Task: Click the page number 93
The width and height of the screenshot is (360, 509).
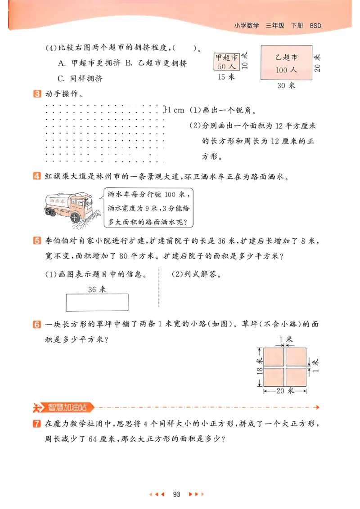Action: pyautogui.click(x=176, y=494)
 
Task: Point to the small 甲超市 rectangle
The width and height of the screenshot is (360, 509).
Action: pyautogui.click(x=227, y=62)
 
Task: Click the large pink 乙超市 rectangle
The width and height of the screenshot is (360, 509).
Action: pyautogui.click(x=287, y=63)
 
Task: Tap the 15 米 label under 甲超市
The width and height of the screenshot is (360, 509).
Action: pyautogui.click(x=227, y=77)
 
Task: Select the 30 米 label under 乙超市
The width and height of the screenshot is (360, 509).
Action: pyautogui.click(x=286, y=85)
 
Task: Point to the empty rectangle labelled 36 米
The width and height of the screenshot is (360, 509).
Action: pyautogui.click(x=97, y=302)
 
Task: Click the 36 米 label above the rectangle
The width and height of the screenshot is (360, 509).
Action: pyautogui.click(x=97, y=289)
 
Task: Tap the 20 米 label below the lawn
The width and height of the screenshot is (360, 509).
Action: pyautogui.click(x=285, y=391)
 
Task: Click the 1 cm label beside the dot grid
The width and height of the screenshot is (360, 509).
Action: pyautogui.click(x=175, y=109)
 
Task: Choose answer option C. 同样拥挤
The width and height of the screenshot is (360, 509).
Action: pyautogui.click(x=80, y=78)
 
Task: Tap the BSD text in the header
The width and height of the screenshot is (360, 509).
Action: pyautogui.click(x=315, y=26)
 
